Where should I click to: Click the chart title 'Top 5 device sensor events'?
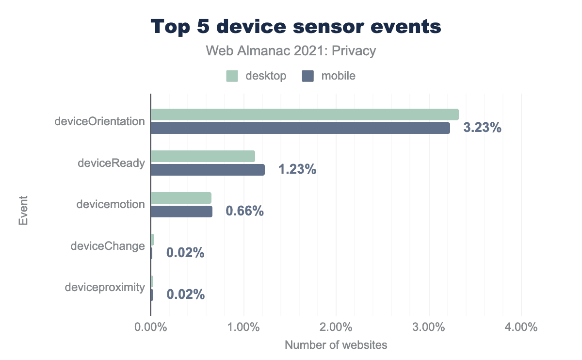296,27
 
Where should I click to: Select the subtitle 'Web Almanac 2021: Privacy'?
291,51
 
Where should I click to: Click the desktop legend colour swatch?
232,76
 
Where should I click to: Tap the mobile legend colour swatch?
307,76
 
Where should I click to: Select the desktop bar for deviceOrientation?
305,115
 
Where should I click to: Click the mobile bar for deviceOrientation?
300,128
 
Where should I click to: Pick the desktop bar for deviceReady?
203,156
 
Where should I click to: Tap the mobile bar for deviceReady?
208,170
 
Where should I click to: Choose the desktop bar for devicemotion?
181,198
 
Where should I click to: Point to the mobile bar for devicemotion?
181,212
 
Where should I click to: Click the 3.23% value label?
482,128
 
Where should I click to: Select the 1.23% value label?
297,170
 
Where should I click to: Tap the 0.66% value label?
244,212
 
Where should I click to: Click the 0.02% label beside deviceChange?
185,253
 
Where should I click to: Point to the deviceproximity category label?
105,288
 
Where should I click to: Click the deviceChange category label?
108,246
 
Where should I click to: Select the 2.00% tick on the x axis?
336,327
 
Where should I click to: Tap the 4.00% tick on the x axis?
521,327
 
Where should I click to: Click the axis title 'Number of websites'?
336,345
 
